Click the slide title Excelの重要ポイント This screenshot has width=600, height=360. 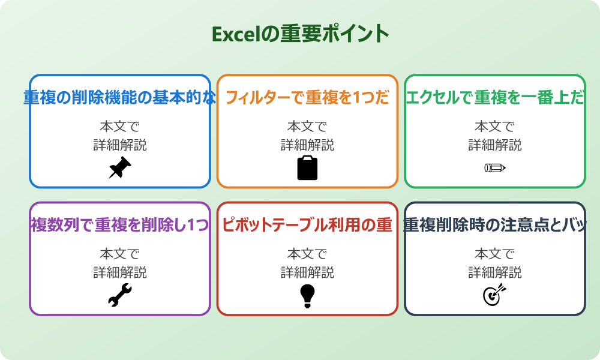[300, 34]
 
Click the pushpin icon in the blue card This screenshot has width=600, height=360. [120, 167]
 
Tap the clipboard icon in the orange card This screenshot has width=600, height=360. [307, 167]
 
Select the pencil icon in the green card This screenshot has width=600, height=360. [495, 167]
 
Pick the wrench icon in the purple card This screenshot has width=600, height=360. [120, 295]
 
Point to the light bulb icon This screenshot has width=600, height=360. [307, 295]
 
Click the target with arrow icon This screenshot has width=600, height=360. [495, 295]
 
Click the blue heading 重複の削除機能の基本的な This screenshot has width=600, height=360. [120, 98]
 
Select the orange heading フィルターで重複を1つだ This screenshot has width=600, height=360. [307, 98]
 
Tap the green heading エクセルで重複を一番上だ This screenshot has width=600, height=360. [495, 98]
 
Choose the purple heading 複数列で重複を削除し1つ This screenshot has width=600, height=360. [120, 225]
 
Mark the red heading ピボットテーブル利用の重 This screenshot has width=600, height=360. [307, 225]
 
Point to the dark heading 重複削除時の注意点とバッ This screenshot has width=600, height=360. [495, 225]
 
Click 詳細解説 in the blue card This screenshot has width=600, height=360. [120, 145]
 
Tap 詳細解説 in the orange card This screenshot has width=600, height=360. [307, 145]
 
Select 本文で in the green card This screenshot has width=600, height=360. [495, 127]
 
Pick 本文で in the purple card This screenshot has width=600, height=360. [120, 254]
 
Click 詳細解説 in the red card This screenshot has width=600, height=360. [307, 272]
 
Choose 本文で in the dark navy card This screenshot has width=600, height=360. [495, 254]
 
